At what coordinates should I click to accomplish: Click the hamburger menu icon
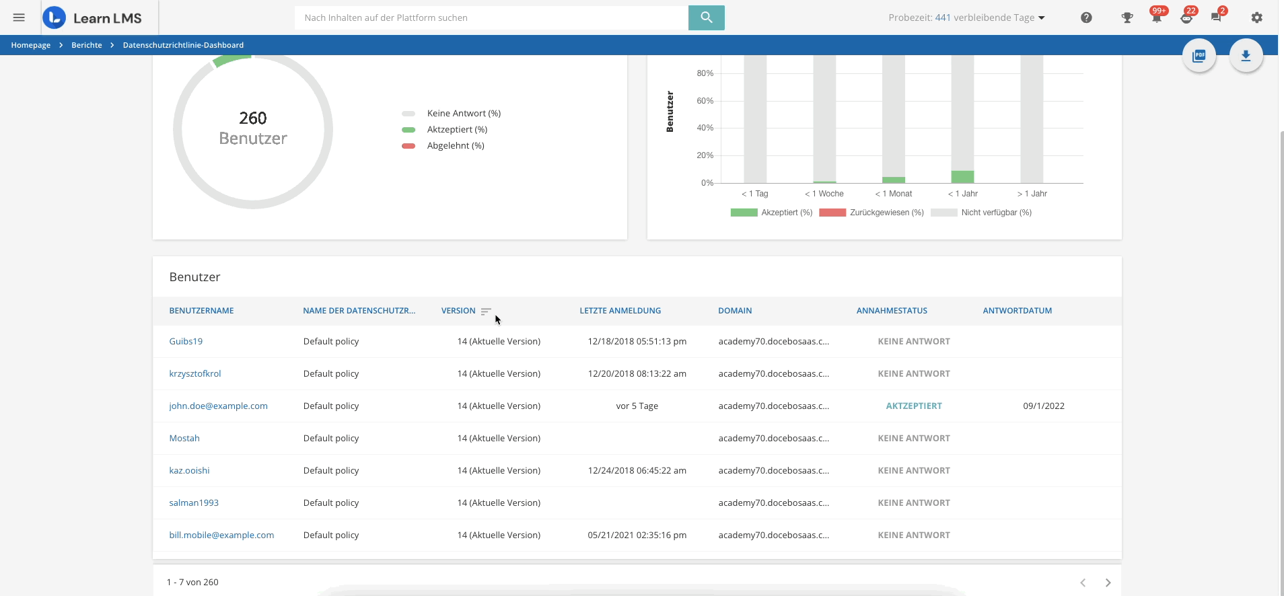tap(19, 17)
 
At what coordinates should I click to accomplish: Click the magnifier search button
tap(706, 17)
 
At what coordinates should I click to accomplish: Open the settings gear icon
tap(1256, 17)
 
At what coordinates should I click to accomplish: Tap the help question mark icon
tap(1086, 17)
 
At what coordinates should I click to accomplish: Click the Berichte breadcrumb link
tap(87, 45)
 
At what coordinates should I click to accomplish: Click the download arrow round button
tap(1246, 56)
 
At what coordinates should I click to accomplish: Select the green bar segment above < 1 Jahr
tap(962, 177)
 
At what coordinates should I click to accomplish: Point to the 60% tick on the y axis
tap(705, 101)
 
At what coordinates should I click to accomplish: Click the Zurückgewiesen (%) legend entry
tap(871, 213)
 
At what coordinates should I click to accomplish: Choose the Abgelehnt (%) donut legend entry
tap(455, 146)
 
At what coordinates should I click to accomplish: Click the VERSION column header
tap(458, 311)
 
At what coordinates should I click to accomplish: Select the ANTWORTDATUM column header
tap(1017, 311)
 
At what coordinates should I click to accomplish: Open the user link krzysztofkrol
tap(195, 374)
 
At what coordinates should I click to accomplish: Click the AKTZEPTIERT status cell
tap(913, 406)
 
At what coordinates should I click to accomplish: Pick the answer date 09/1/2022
tap(1043, 406)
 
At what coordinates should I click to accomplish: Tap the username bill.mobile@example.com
tap(221, 535)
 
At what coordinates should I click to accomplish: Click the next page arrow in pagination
tap(1108, 583)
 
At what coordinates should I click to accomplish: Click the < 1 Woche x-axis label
tap(824, 194)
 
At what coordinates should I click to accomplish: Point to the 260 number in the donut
tap(253, 118)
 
